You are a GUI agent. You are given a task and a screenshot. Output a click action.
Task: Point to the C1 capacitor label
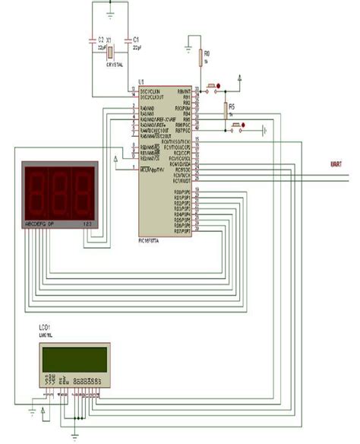pyautogui.click(x=135, y=38)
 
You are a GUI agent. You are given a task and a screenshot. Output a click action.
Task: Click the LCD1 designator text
pyautogui.click(x=46, y=333)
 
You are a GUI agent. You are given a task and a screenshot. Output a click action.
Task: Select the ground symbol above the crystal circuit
pyautogui.click(x=110, y=11)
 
